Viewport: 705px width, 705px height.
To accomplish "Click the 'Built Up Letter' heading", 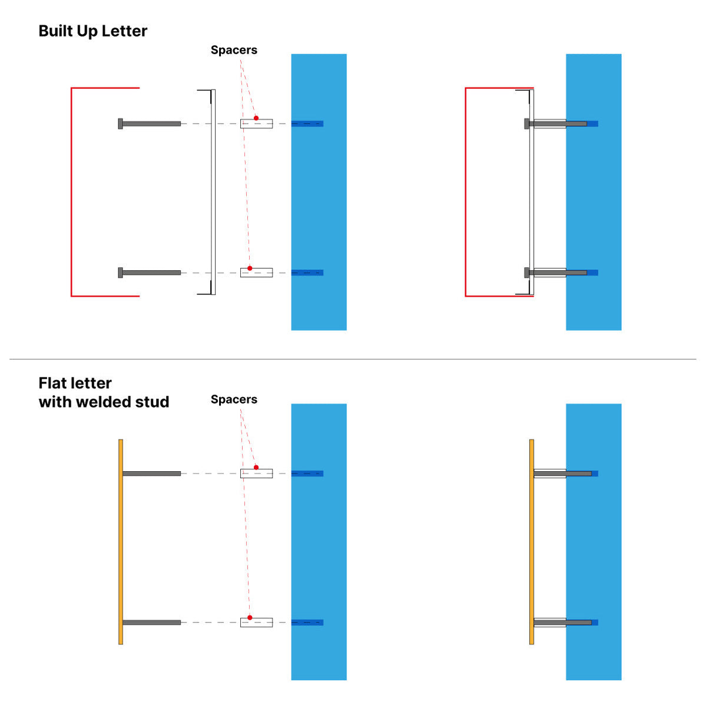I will (x=92, y=31).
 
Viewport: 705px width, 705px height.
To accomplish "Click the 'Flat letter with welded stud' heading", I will (x=104, y=393).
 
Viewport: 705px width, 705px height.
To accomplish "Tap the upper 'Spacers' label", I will (x=234, y=50).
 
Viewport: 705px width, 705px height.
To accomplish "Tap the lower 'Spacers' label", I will (x=234, y=399).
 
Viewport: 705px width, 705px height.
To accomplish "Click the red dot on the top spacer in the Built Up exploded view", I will (x=256, y=118).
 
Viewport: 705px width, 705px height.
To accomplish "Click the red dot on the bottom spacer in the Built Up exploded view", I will (x=250, y=268).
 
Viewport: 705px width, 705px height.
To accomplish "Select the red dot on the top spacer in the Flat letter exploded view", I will (x=256, y=468).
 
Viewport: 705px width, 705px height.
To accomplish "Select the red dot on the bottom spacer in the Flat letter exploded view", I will (x=250, y=618).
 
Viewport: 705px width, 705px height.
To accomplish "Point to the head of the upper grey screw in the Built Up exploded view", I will (x=120, y=124).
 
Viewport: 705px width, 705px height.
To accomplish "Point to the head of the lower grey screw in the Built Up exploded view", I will (x=120, y=273).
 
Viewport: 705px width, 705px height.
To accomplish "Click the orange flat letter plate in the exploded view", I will (x=121, y=542).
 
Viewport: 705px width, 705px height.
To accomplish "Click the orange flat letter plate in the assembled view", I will (x=531, y=542).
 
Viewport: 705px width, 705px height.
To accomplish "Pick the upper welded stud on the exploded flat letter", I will (x=151, y=474).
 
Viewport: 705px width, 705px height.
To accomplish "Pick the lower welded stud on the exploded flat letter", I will (x=151, y=623).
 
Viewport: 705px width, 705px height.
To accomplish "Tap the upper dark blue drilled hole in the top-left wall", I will (x=307, y=124).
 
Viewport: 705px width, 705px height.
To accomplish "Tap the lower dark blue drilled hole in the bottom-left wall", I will (x=307, y=623).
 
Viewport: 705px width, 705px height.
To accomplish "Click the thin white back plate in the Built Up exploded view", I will (x=213, y=192).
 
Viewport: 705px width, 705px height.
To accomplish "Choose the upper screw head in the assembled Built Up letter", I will (x=527, y=124).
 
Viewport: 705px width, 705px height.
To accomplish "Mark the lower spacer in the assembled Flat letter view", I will (x=550, y=623).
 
